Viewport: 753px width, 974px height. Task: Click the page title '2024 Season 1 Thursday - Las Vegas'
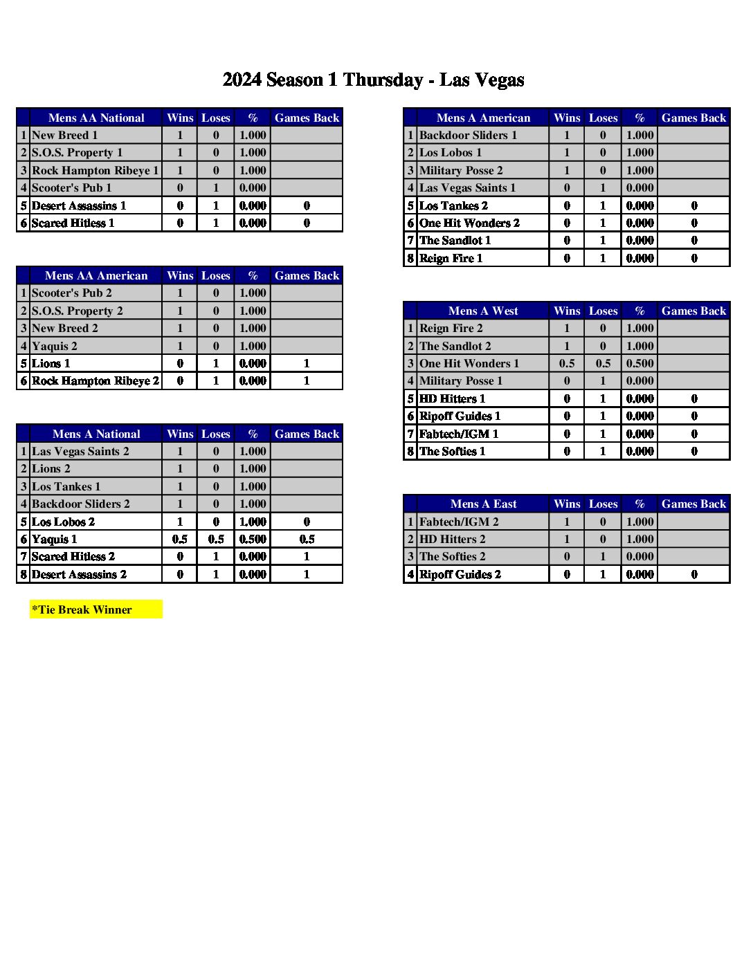373,80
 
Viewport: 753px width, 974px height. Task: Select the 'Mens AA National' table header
96,118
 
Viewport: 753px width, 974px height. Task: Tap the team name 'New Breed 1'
65,136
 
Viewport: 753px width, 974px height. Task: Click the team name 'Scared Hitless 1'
73,223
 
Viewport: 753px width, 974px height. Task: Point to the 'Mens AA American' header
96,275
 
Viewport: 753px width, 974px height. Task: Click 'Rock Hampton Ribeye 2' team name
96,380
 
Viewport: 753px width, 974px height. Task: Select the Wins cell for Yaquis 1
180,539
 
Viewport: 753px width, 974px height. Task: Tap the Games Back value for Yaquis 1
307,539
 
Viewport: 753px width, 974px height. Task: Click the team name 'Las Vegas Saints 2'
80,451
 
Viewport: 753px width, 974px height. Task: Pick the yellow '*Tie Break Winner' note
96,609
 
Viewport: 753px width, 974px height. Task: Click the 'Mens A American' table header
483,118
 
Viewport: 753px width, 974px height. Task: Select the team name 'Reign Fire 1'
451,258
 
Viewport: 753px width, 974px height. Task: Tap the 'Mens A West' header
483,311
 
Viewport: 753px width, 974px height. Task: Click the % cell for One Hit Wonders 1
639,363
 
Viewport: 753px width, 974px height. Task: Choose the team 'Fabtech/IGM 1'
459,434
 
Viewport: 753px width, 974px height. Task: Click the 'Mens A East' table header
483,504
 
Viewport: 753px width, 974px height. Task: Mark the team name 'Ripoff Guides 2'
460,574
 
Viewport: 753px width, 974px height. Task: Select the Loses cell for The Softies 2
603,556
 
